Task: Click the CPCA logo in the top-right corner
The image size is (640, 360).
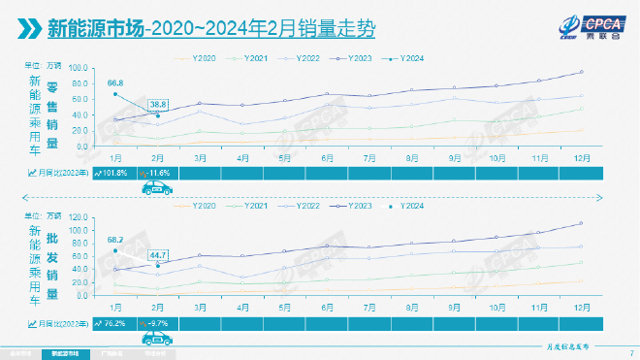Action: tap(582, 24)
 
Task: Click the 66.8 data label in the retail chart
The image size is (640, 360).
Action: tap(116, 83)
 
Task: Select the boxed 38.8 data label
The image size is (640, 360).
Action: tap(158, 103)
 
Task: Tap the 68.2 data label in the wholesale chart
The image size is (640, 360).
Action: tap(116, 239)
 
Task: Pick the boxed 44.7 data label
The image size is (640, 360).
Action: tap(158, 255)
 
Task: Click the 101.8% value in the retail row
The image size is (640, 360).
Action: tap(114, 173)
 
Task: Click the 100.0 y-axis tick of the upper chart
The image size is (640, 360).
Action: tap(80, 68)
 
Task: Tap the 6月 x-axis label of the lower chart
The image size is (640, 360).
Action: tap(328, 305)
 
